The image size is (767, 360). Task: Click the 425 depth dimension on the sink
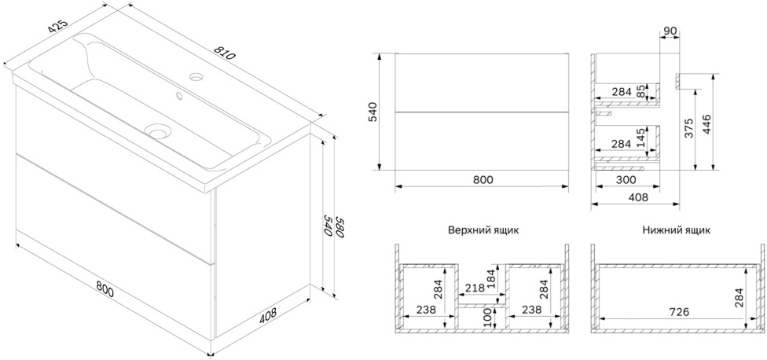click(57, 28)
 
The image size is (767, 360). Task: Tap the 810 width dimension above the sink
click(225, 53)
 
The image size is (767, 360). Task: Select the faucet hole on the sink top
click(197, 76)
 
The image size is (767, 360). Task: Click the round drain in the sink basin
click(158, 131)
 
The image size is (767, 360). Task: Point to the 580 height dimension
click(340, 227)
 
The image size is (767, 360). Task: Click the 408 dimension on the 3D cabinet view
click(267, 315)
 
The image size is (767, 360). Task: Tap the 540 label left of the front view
click(372, 112)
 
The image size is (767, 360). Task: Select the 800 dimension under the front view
click(483, 179)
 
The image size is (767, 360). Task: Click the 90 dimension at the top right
click(670, 31)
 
